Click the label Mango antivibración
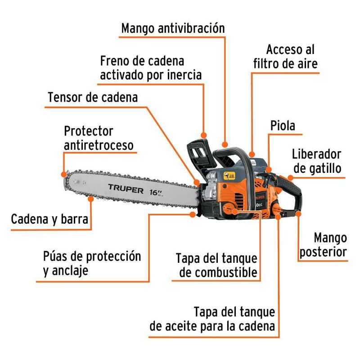173,28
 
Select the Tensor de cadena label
93,97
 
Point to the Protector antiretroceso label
99,138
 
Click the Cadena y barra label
49,220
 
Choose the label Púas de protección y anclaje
92,263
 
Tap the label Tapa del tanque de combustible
216,265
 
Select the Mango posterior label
324,244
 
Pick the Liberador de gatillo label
316,161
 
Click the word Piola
283,126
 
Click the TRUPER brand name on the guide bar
126,187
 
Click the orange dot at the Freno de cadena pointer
204,135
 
